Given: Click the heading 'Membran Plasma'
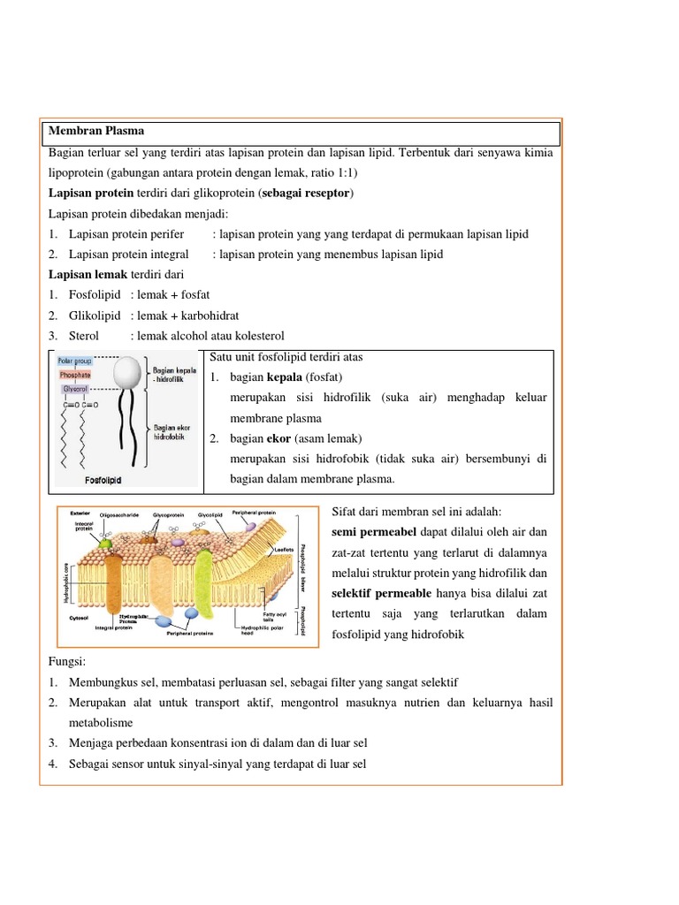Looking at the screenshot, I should [x=96, y=131].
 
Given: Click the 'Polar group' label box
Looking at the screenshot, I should [x=75, y=361].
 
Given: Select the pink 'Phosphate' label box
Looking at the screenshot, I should [x=75, y=375].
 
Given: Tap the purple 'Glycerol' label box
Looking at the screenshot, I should [x=74, y=389].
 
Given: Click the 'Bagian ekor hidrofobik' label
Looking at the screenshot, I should [x=172, y=432].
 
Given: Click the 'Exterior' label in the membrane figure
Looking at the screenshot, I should [x=76, y=513].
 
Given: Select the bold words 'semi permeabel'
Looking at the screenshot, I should [x=366, y=531].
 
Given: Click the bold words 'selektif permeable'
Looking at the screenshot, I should [x=382, y=592].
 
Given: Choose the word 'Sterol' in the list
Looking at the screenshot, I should [x=84, y=336].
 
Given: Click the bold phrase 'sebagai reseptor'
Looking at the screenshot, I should [x=306, y=193].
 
